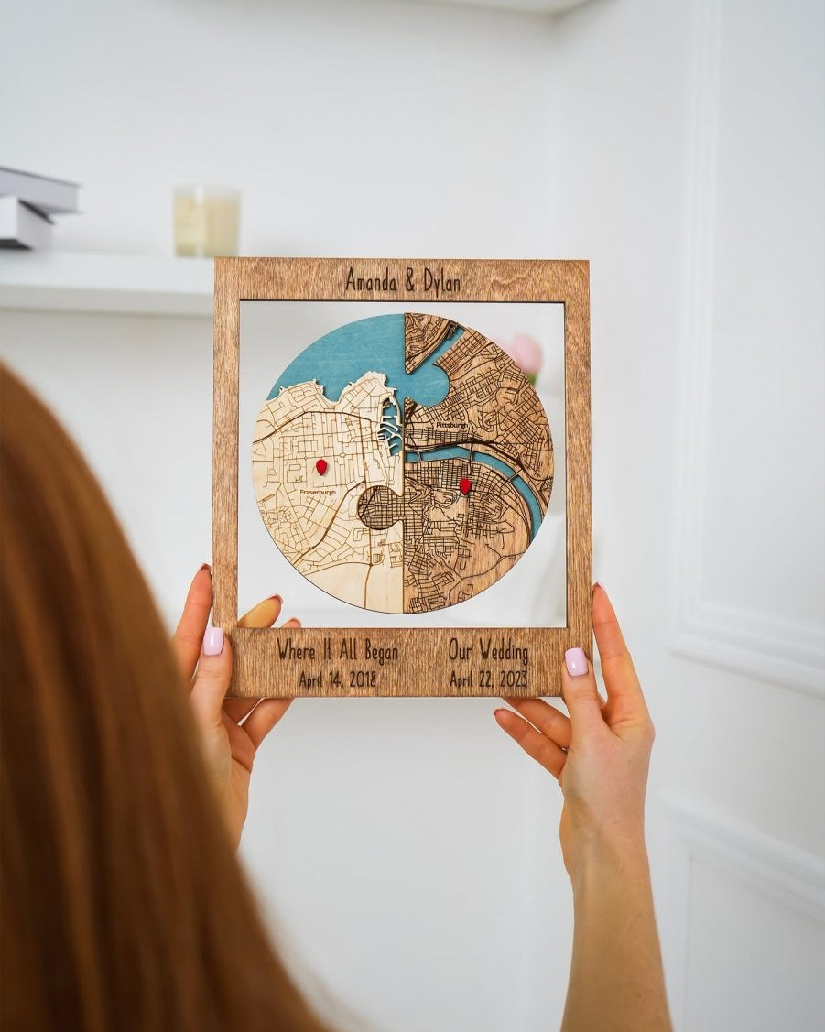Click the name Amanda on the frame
372,280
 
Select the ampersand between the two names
407,281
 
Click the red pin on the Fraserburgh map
321,467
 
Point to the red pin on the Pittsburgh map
464,486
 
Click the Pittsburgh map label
451,426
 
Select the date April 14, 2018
337,679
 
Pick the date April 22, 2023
489,679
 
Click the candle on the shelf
206,221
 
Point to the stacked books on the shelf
35,208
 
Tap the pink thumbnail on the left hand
212,641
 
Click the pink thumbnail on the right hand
576,661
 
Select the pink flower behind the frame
526,353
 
